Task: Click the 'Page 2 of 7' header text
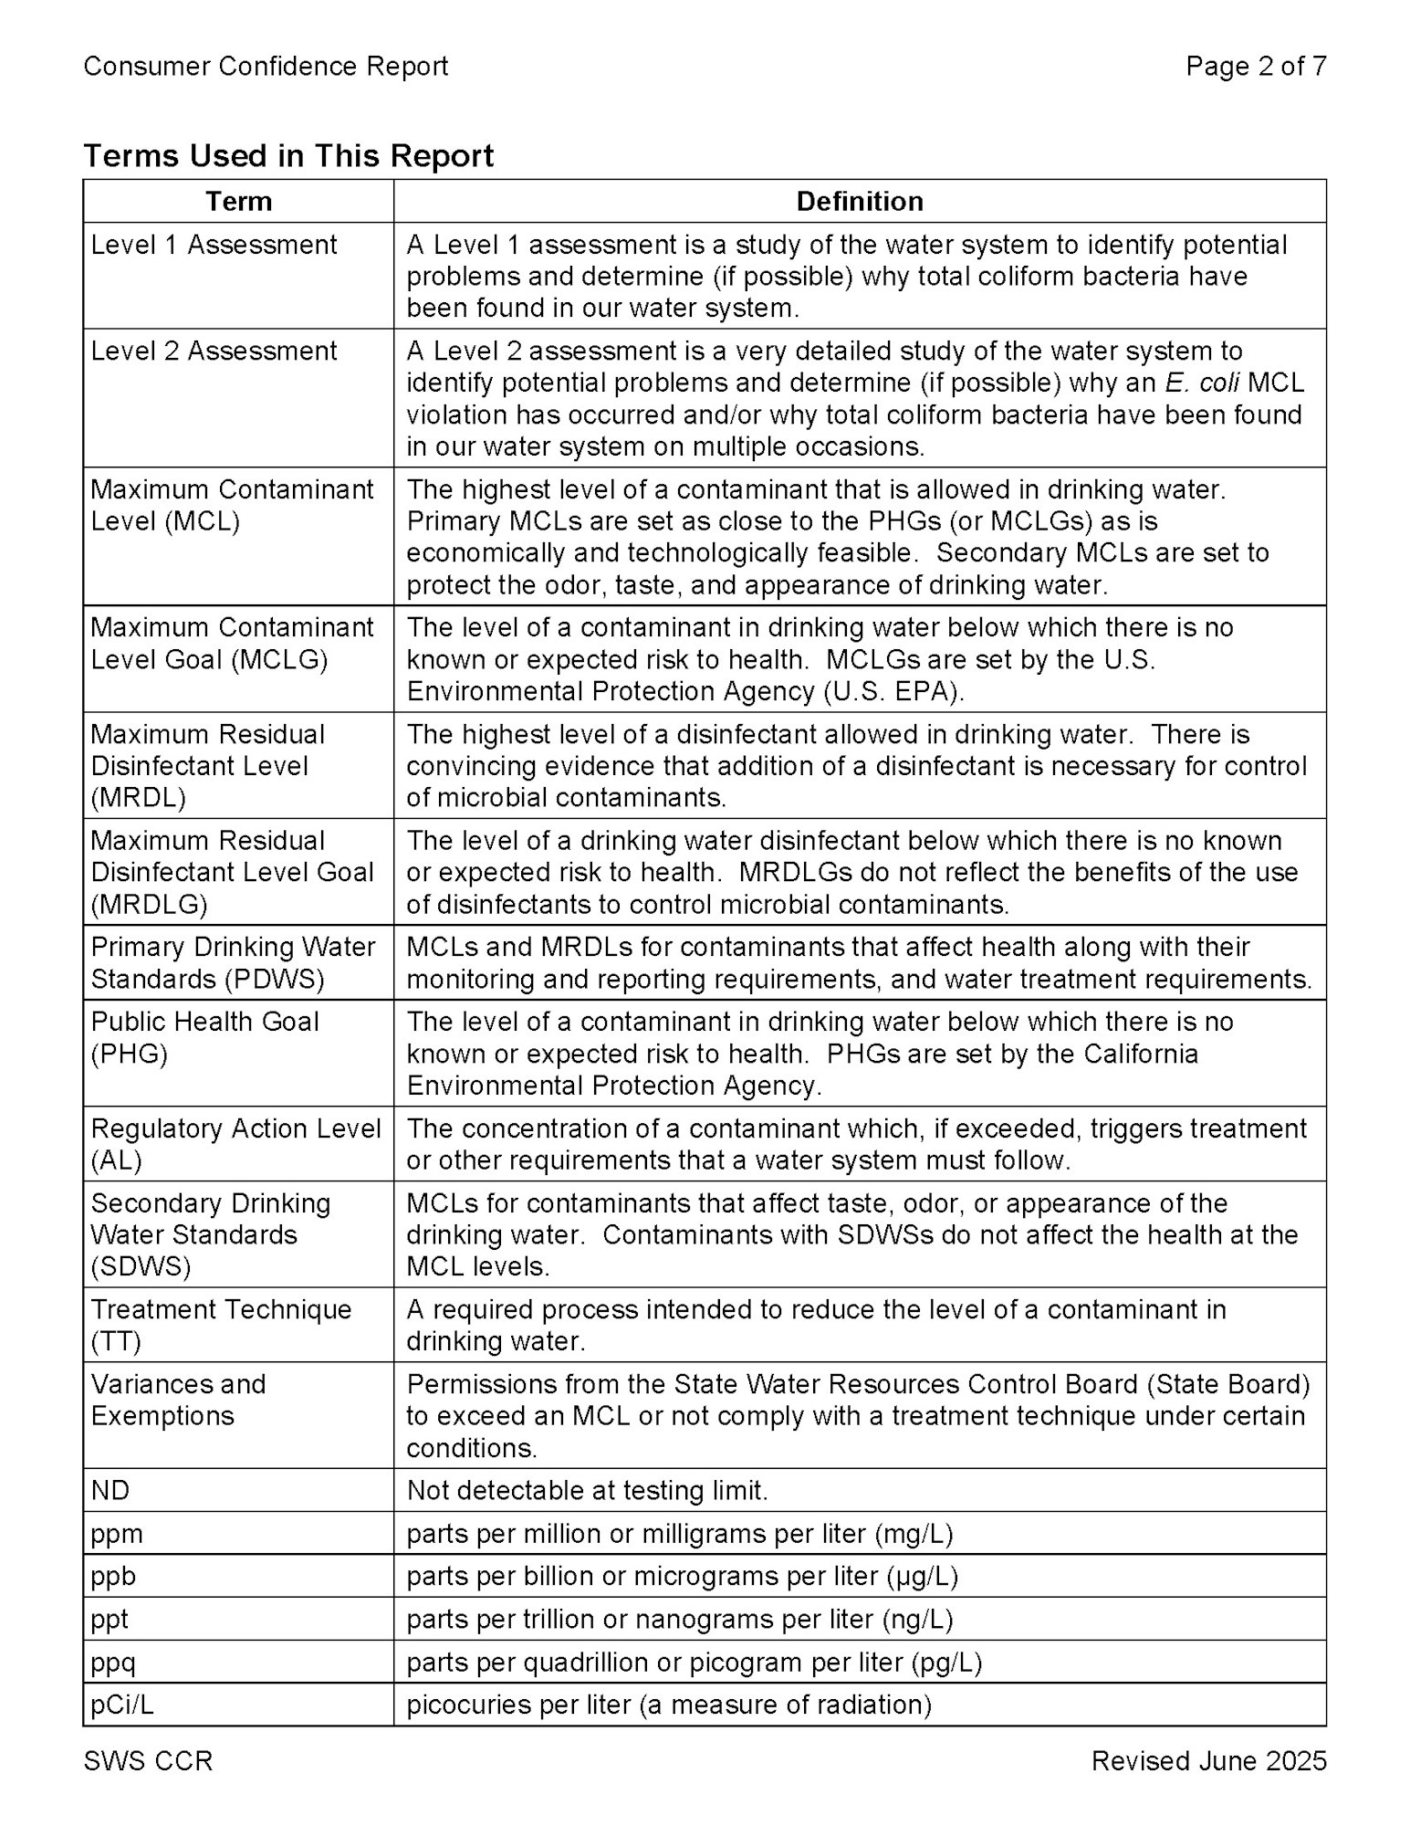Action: pos(1256,67)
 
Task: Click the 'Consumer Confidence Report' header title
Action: pos(266,67)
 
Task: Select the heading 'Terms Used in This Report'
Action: pos(287,156)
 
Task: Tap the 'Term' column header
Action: pos(238,201)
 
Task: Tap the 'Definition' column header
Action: pos(859,201)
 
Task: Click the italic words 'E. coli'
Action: pos(1201,383)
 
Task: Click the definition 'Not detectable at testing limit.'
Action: pos(587,1490)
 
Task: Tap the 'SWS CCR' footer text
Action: pos(148,1761)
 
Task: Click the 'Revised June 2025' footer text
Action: pos(1208,1761)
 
